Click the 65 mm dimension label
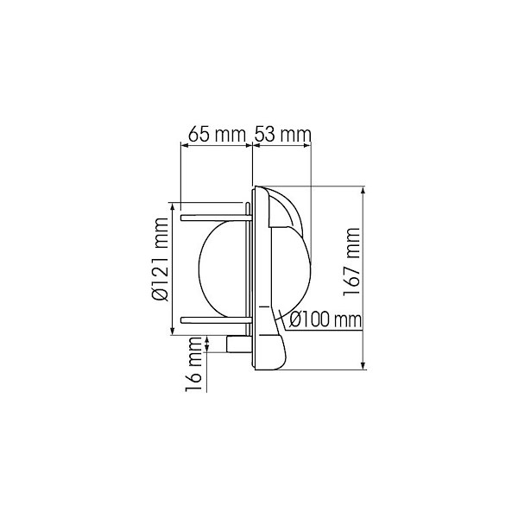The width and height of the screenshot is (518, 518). pos(217,134)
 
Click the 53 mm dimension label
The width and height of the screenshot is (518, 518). pos(283,134)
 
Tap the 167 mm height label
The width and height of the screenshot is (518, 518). pos(351,262)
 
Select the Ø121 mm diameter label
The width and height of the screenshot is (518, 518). pos(161,259)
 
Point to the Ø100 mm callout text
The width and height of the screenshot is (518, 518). pos(325,319)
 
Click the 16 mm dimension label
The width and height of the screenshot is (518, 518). pos(194,364)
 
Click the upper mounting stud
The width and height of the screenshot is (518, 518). pos(215,218)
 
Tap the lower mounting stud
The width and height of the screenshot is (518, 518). pos(215,319)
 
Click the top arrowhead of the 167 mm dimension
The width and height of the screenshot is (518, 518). pos(363,190)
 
